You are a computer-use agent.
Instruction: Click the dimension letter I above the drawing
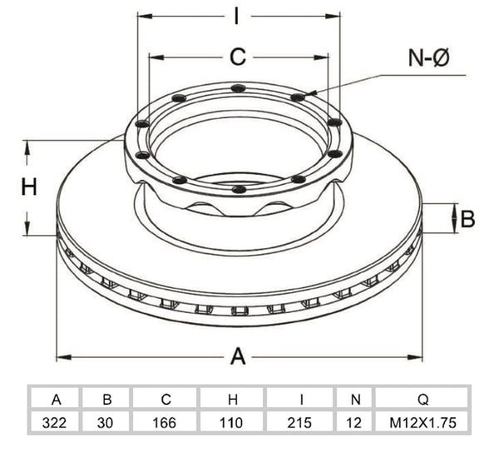(236, 16)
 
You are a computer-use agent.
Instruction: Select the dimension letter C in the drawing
(238, 57)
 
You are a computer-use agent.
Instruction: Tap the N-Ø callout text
(428, 57)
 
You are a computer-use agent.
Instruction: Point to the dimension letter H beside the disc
(29, 187)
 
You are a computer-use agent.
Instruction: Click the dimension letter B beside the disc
(467, 219)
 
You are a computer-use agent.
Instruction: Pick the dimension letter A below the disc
(238, 356)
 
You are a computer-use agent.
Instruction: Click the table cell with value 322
(54, 423)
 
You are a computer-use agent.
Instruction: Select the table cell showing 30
(106, 423)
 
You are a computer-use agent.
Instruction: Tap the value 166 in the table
(164, 423)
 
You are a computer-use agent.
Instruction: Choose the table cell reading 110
(231, 423)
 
